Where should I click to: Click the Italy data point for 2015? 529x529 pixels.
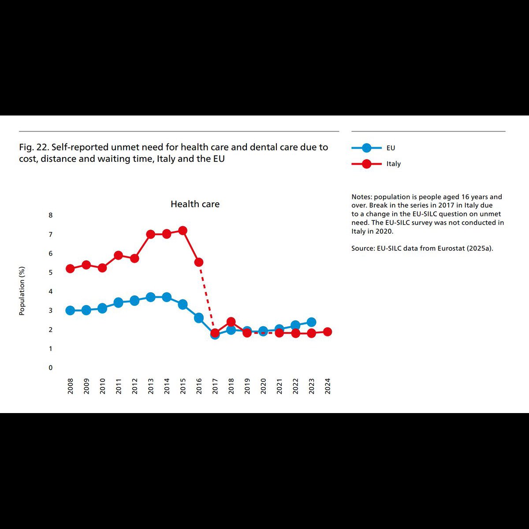click(183, 231)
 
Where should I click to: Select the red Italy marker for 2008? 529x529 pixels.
click(70, 268)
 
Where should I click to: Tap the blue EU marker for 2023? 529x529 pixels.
click(311, 322)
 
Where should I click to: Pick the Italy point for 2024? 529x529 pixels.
click(328, 332)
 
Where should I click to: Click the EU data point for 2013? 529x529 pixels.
click(151, 297)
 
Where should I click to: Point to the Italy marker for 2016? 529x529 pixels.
click(199, 262)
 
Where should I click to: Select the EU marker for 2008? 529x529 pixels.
click(70, 310)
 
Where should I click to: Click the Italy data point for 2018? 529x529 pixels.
click(231, 321)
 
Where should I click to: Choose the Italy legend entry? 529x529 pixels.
click(376, 164)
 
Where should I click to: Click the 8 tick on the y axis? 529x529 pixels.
click(51, 215)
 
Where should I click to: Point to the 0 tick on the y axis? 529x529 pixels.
click(51, 368)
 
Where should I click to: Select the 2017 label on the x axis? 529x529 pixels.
click(215, 386)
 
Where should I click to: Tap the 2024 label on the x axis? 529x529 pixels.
click(328, 386)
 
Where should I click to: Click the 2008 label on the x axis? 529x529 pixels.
click(70, 386)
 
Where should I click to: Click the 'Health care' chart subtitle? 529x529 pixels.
click(195, 204)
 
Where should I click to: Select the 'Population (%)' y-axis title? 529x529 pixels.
click(22, 291)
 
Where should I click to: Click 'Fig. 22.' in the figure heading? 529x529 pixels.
click(34, 147)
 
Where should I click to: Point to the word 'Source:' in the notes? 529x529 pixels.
click(363, 248)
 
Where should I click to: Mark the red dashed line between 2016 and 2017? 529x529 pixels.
click(207, 298)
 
